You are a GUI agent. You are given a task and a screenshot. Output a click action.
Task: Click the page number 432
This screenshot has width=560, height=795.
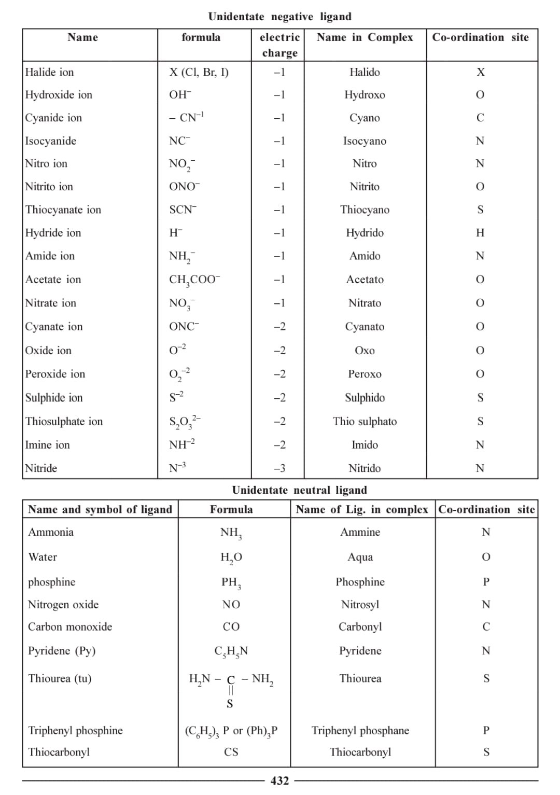pyautogui.click(x=279, y=780)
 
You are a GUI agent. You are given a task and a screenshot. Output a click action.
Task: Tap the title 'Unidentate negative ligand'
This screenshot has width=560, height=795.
pyautogui.click(x=279, y=17)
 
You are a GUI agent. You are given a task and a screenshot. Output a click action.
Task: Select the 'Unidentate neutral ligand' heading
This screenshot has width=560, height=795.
pyautogui.click(x=299, y=490)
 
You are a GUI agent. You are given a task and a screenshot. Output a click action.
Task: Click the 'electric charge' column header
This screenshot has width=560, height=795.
pyautogui.click(x=279, y=45)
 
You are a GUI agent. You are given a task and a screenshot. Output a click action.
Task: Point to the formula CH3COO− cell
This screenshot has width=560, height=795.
pyautogui.click(x=194, y=280)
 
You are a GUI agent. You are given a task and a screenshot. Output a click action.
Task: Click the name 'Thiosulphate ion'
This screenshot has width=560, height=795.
pyautogui.click(x=64, y=421)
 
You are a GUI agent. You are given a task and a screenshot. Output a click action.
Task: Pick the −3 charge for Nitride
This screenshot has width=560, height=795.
pyautogui.click(x=279, y=468)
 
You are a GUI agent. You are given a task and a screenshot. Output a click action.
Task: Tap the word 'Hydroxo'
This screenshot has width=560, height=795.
pyautogui.click(x=365, y=95)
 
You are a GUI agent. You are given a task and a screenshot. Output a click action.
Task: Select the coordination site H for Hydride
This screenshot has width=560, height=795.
pyautogui.click(x=480, y=233)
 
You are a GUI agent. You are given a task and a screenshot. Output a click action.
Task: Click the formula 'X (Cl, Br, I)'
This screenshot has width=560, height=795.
pyautogui.click(x=199, y=72)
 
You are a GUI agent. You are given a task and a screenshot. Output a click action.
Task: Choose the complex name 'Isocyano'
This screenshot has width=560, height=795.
pyautogui.click(x=365, y=141)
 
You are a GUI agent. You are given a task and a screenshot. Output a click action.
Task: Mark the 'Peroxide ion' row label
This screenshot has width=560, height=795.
pyautogui.click(x=55, y=374)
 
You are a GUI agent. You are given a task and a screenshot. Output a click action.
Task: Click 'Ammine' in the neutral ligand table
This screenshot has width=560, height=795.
pyautogui.click(x=360, y=532)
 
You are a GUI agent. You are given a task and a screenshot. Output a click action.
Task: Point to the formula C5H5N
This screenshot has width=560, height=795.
pyautogui.click(x=231, y=651)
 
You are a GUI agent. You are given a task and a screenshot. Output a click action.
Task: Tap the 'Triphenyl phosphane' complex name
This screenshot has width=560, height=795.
pyautogui.click(x=360, y=731)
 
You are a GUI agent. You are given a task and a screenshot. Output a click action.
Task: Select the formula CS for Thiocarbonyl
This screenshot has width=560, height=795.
pyautogui.click(x=231, y=752)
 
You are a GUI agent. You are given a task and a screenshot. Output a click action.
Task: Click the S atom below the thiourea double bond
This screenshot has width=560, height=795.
pyautogui.click(x=230, y=704)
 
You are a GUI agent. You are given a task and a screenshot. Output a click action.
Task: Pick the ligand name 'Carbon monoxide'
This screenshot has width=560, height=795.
pyautogui.click(x=70, y=626)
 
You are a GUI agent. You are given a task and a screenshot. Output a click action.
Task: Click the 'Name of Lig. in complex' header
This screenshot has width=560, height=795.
pyautogui.click(x=362, y=509)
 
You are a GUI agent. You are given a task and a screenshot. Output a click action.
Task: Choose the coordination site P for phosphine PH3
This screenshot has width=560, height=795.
pyautogui.click(x=486, y=582)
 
